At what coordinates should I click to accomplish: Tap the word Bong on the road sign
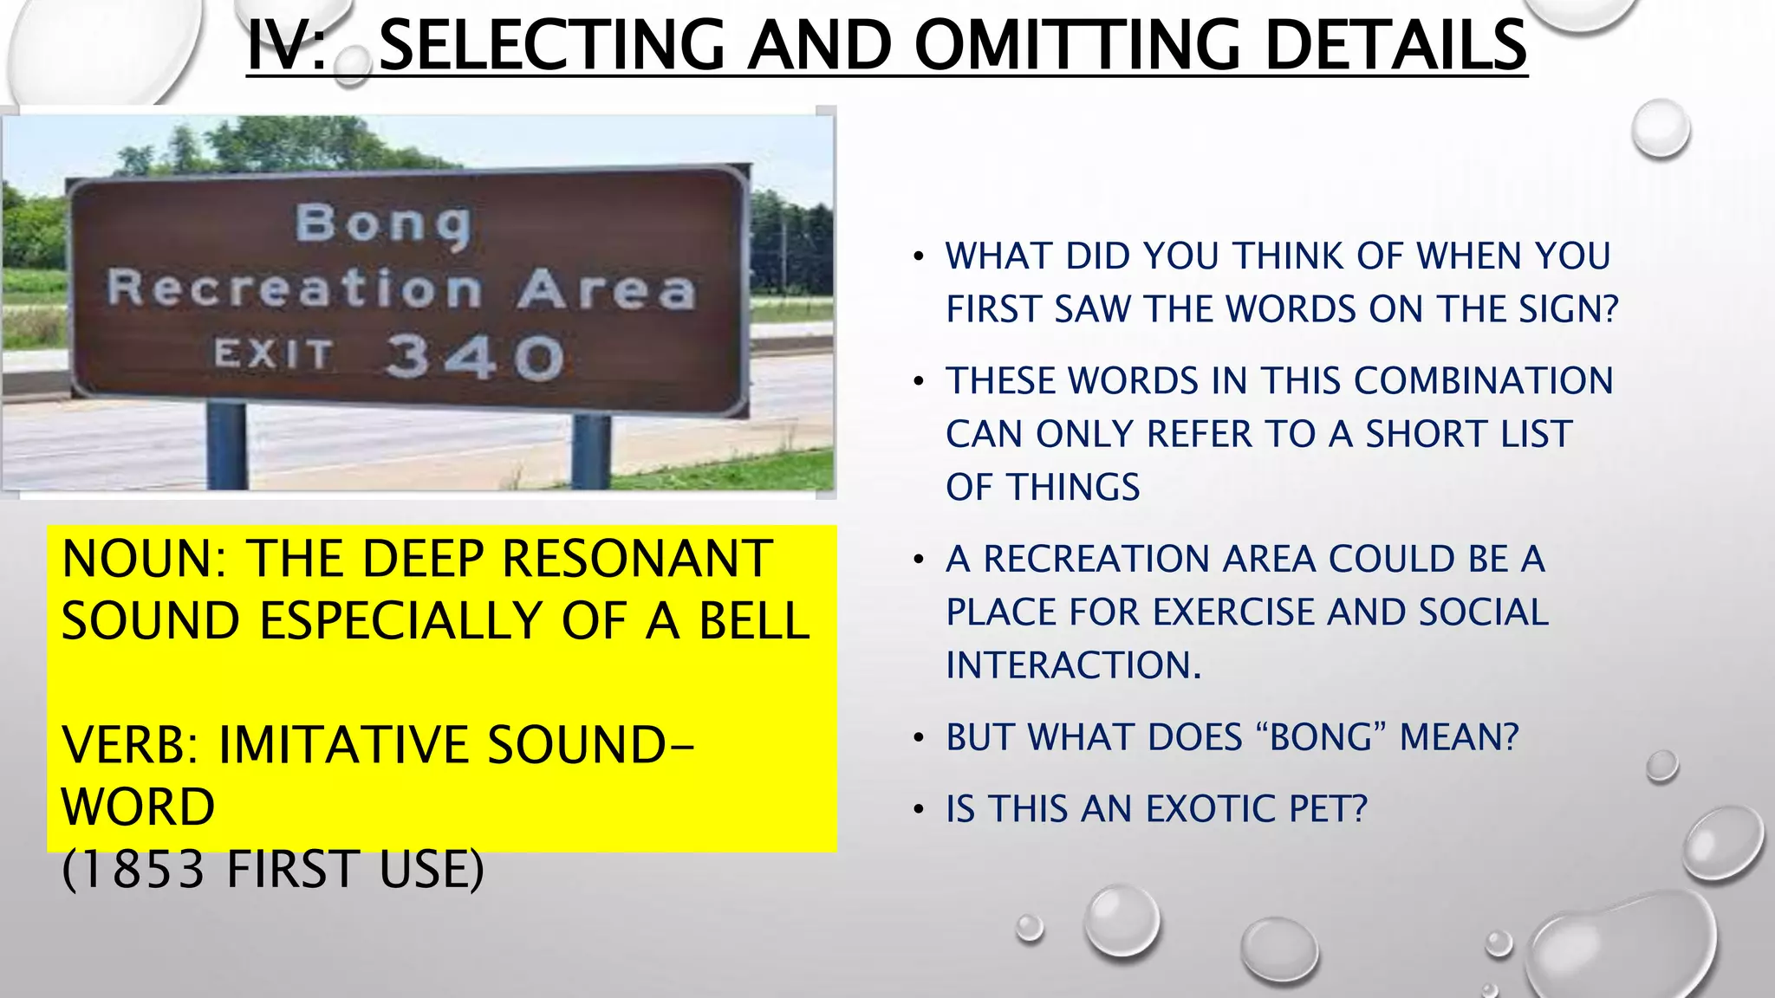coord(383,223)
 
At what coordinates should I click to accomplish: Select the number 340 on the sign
coord(474,356)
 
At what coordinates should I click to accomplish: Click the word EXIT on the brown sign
coord(274,353)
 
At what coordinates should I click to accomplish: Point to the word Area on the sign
coord(607,289)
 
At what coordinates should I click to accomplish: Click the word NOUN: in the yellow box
coord(144,559)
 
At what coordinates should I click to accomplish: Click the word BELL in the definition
coord(753,621)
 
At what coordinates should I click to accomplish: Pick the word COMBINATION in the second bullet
coord(1483,381)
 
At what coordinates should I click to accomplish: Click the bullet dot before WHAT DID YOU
coord(919,257)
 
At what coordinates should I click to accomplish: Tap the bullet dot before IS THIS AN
coord(919,810)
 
